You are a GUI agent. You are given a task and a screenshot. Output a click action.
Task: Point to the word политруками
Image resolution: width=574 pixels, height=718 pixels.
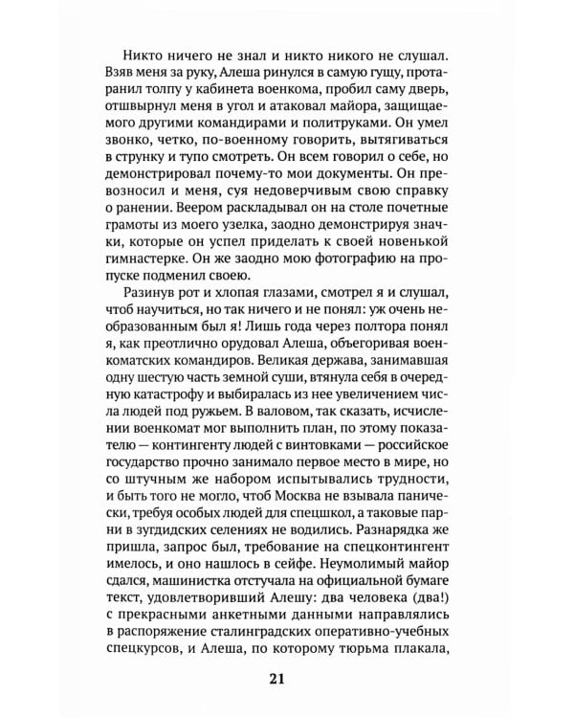(x=417, y=131)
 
